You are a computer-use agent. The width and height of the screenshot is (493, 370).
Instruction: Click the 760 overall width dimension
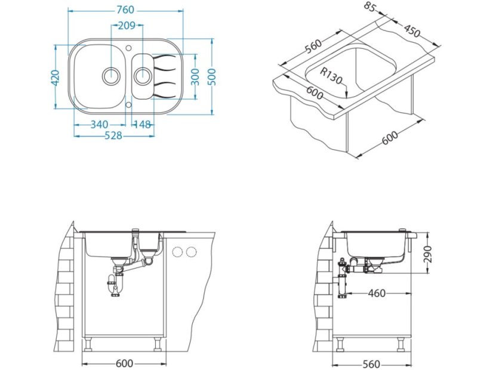click(125, 10)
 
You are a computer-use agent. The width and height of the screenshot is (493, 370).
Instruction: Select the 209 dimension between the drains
click(127, 26)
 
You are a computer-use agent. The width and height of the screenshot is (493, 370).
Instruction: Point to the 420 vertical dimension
click(56, 78)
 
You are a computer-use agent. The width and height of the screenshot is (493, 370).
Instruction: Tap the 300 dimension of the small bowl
click(195, 77)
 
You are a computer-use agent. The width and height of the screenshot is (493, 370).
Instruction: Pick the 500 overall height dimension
click(212, 77)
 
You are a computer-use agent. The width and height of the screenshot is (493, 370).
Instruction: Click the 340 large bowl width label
click(99, 125)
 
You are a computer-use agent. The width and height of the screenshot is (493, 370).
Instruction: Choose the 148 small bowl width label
click(142, 125)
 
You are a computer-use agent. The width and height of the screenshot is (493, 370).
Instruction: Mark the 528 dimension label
click(113, 135)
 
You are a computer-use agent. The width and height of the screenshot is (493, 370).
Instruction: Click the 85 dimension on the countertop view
click(371, 7)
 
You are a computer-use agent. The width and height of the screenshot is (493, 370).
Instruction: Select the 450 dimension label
click(412, 30)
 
